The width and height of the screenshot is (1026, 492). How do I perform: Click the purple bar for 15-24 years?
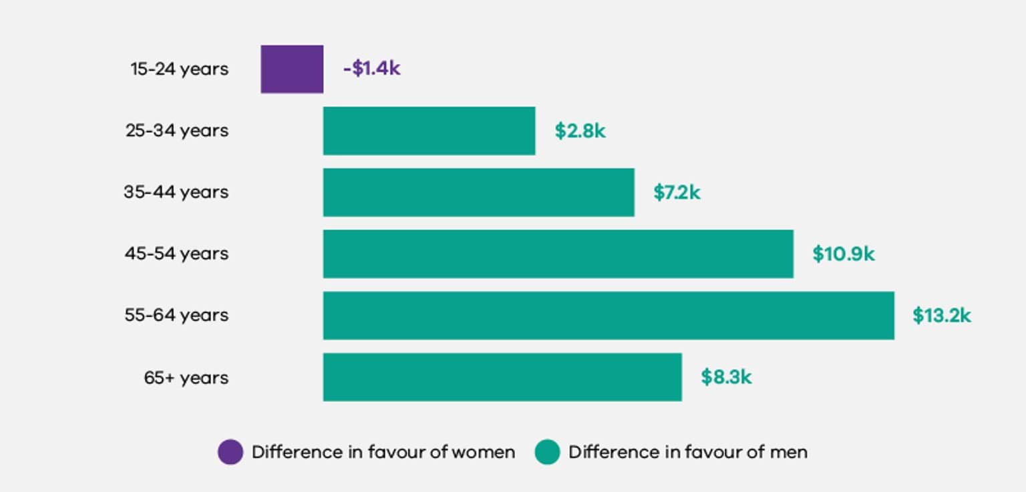coord(292,69)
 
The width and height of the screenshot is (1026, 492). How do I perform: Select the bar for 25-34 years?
coord(429,131)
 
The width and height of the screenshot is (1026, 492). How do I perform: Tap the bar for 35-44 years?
coord(478,192)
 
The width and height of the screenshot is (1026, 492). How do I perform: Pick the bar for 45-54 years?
coord(558,254)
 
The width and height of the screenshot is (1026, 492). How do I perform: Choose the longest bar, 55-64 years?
coord(609,315)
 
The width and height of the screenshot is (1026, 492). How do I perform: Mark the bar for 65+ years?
coord(502,377)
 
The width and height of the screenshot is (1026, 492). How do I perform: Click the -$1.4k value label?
coord(371,69)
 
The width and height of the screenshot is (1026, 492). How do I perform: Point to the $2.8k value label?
coord(580,131)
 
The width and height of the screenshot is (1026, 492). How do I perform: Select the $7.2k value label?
coord(677,193)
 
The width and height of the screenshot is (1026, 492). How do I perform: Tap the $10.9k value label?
coord(843,254)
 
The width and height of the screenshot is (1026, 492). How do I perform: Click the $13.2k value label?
coord(941,316)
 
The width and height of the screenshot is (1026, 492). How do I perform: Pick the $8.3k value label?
coord(726,377)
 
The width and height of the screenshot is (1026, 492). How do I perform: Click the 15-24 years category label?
coord(179,69)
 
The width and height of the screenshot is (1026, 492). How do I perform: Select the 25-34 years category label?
coord(177,131)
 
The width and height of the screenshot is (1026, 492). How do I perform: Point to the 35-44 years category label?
coord(176,193)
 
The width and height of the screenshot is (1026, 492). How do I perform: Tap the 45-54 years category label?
coord(176,254)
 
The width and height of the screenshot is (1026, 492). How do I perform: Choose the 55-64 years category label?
coord(176,316)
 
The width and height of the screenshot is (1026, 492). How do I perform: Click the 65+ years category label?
coord(186,378)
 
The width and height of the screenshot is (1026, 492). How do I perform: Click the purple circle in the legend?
coord(230,452)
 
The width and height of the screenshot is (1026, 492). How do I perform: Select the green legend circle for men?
coord(547,452)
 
